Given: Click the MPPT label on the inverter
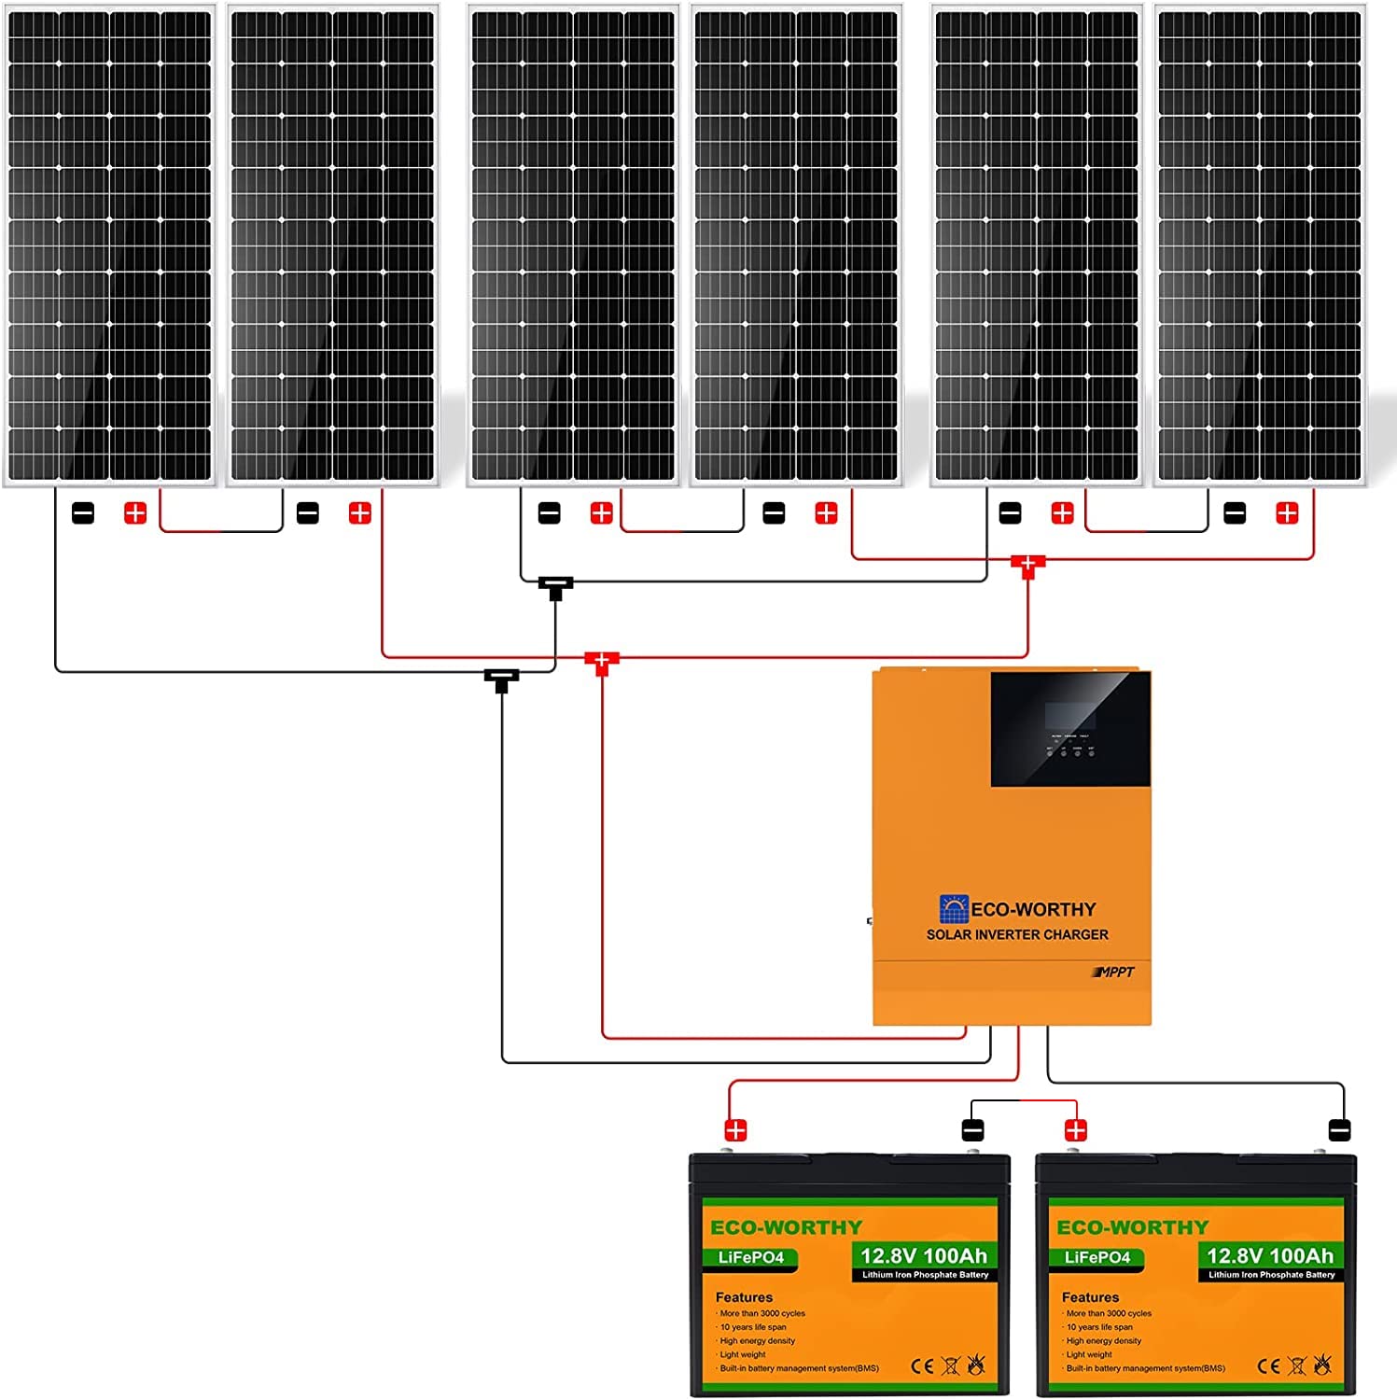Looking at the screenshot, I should (1114, 973).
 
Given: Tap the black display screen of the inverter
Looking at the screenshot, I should (1070, 728).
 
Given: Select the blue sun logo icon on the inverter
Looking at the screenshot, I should (954, 909).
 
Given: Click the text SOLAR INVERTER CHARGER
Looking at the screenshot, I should (1017, 934).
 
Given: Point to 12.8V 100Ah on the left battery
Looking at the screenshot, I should (923, 1255).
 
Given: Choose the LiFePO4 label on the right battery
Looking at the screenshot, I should (1097, 1257).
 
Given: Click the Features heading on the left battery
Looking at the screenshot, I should (744, 1297).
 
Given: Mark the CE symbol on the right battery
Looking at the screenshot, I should (1268, 1366).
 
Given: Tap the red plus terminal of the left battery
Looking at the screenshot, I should (735, 1130).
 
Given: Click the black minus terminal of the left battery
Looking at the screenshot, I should (972, 1130).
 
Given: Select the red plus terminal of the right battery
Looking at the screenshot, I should (1076, 1130).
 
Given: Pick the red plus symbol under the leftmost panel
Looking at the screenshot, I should (135, 512).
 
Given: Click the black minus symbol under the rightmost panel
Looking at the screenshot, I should (1235, 512).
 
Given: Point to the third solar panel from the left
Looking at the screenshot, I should (572, 245).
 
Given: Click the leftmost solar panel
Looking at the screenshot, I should (110, 245).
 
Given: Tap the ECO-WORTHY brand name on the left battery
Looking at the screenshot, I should (786, 1227).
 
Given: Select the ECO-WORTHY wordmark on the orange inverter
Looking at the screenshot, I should (1033, 909).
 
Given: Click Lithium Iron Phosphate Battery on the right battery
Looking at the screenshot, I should (1271, 1275).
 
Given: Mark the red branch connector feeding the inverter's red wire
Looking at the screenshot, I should (602, 662).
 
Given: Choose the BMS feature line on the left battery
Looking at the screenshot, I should (799, 1368).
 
